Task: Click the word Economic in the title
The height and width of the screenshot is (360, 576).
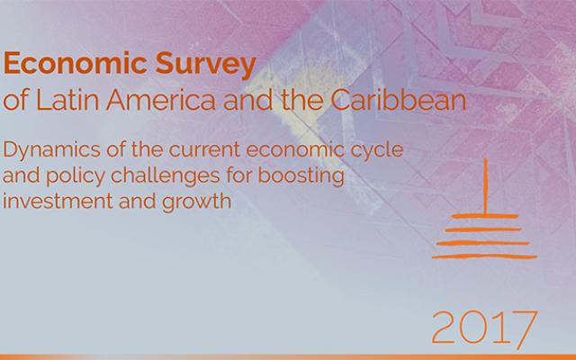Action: click(76, 63)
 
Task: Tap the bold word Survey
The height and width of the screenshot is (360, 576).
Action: click(206, 66)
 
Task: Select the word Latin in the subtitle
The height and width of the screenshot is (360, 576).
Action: click(67, 100)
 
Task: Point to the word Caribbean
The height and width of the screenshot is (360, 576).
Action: click(398, 100)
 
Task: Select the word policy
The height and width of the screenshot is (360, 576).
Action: click(76, 176)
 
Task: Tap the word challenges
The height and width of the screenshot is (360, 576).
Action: click(166, 176)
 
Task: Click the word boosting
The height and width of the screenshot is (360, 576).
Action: click(301, 176)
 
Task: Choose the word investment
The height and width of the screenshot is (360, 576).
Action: click(58, 202)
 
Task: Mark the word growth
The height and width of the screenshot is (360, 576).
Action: click(196, 202)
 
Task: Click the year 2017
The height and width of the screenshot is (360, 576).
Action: click(484, 328)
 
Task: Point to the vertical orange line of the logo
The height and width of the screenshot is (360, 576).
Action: click(486, 186)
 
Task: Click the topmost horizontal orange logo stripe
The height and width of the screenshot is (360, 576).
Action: click(485, 216)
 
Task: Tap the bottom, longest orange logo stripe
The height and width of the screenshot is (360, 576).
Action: click(484, 256)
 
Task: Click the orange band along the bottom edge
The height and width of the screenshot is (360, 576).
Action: click(288, 357)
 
